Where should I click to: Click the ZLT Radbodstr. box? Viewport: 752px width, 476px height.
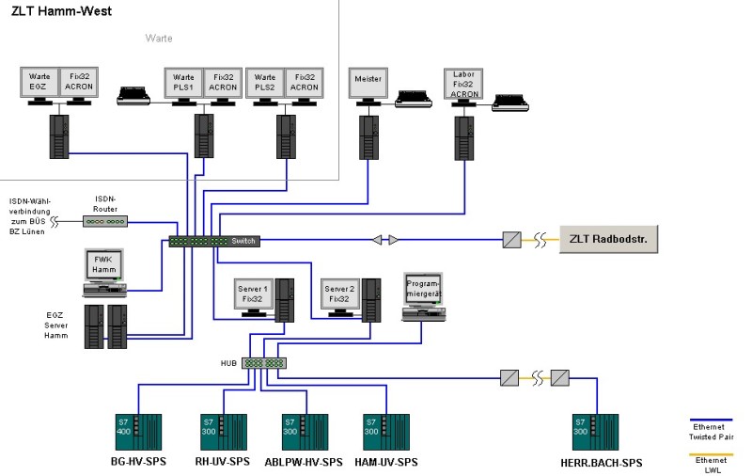pyautogui.click(x=608, y=240)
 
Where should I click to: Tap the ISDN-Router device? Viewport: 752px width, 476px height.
pyautogui.click(x=104, y=221)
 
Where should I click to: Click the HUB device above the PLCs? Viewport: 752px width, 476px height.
pyautogui.click(x=262, y=362)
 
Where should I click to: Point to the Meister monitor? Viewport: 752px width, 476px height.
pyautogui.click(x=368, y=81)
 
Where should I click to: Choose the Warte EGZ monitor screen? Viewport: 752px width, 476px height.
pyautogui.click(x=39, y=81)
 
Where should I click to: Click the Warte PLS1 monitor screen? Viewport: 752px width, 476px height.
pyautogui.click(x=184, y=81)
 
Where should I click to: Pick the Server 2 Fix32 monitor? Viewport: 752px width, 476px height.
pyautogui.click(x=340, y=294)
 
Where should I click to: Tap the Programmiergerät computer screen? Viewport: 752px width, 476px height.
pyautogui.click(x=422, y=291)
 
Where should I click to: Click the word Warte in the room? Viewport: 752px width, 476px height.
pyautogui.click(x=160, y=38)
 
